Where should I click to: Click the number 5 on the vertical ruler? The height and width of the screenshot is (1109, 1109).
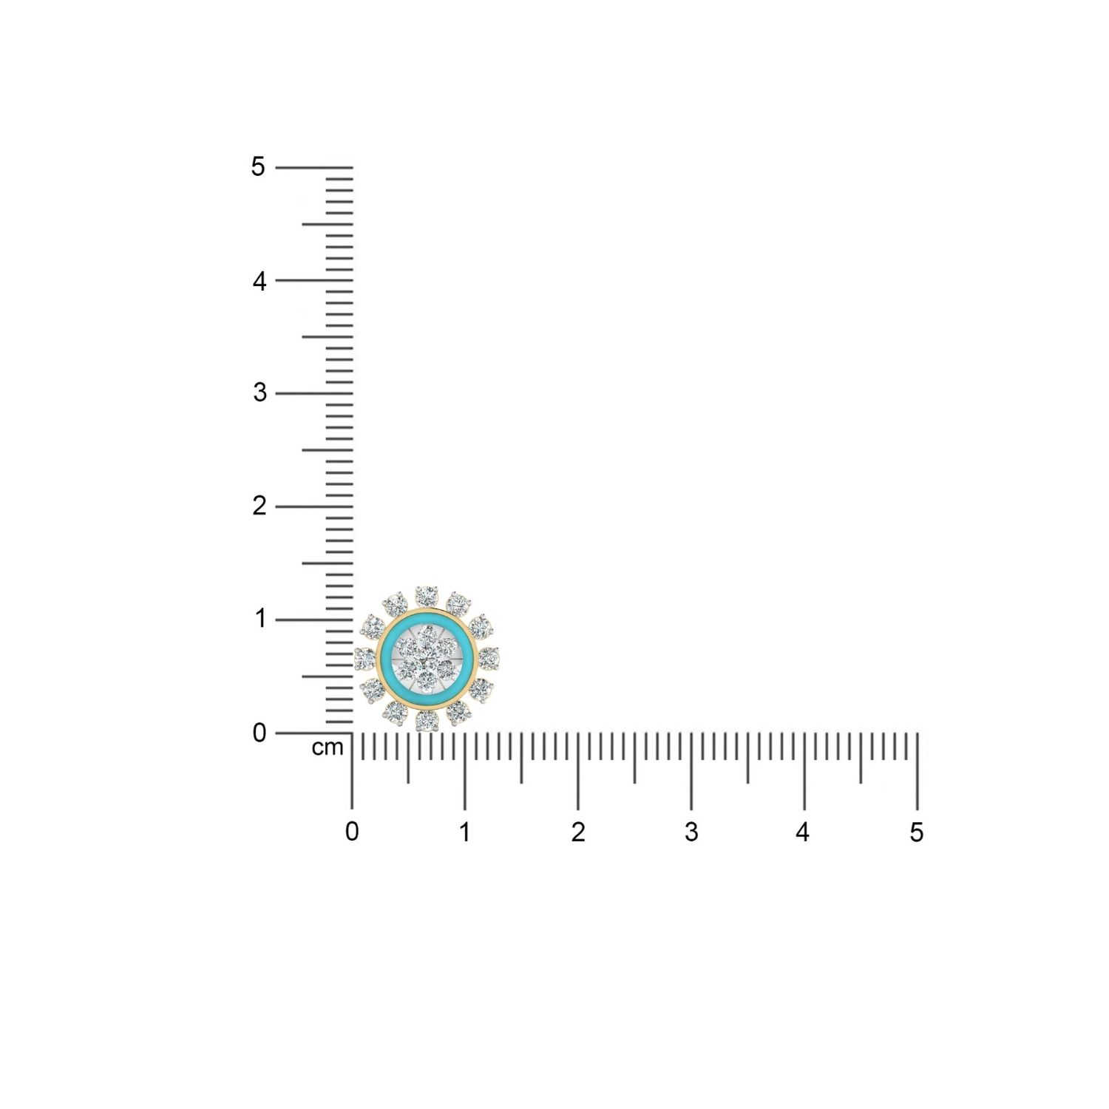pos(258,167)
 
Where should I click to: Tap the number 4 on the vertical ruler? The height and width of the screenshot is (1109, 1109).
pos(259,281)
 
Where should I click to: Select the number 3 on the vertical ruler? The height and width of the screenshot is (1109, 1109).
pos(260,393)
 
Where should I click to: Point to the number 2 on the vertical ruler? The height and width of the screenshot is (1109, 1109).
pos(259,506)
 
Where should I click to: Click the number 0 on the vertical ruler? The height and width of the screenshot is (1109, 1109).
pos(259,733)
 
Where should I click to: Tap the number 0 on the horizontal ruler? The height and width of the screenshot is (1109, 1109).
pos(352,832)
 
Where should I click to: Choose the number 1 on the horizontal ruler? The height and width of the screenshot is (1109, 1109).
pos(464,832)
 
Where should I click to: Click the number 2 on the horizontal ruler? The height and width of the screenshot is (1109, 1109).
pos(578,832)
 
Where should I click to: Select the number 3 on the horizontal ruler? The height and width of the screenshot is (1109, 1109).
pos(691,832)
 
